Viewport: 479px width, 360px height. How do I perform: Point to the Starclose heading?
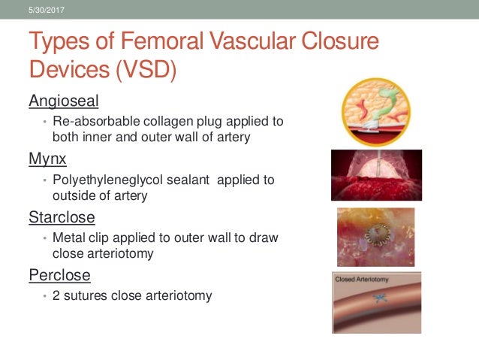coord(62,217)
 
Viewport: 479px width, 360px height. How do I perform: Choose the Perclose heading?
coord(59,274)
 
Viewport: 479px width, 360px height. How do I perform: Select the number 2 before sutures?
coord(57,295)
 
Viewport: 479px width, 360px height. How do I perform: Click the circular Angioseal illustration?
coord(376,111)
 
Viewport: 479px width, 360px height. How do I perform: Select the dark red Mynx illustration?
coord(376,175)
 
